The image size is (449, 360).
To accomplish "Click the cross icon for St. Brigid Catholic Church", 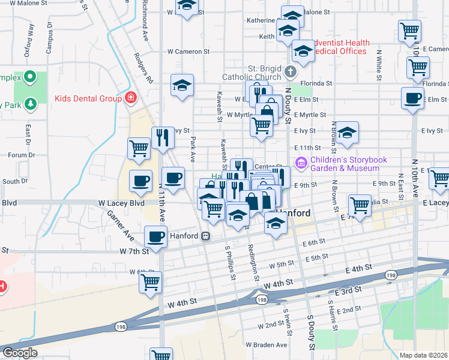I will click(x=291, y=73).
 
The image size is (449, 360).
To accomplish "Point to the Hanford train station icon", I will click(x=206, y=236).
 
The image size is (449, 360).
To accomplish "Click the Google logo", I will click(x=19, y=353).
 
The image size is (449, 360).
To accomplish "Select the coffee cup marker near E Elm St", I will click(x=412, y=98).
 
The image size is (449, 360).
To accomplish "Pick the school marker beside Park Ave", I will click(x=182, y=85).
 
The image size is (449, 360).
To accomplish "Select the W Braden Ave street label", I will click(x=267, y=345).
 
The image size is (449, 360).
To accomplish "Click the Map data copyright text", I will click(x=424, y=355).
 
